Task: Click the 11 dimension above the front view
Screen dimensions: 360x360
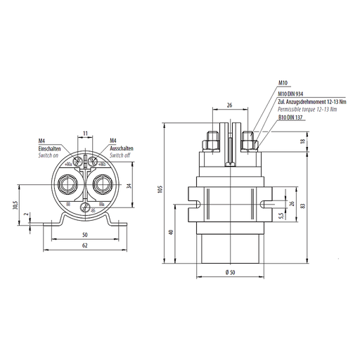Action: [x=85, y=132]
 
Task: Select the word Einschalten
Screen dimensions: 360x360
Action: [x=51, y=148]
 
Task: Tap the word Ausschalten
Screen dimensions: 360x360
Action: [x=121, y=148]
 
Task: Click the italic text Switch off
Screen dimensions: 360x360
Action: [x=119, y=155]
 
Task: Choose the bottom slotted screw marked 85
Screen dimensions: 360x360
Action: [x=85, y=209]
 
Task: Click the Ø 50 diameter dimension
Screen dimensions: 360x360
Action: [x=230, y=272]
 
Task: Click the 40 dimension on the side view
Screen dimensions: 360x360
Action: [x=172, y=232]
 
